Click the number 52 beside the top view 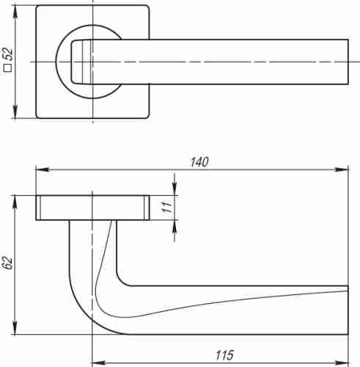pos(8,56)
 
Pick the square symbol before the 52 pos(8,70)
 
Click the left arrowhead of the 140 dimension pos(40,170)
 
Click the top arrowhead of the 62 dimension pos(15,200)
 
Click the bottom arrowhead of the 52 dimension pos(15,114)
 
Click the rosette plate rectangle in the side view pos(92,208)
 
